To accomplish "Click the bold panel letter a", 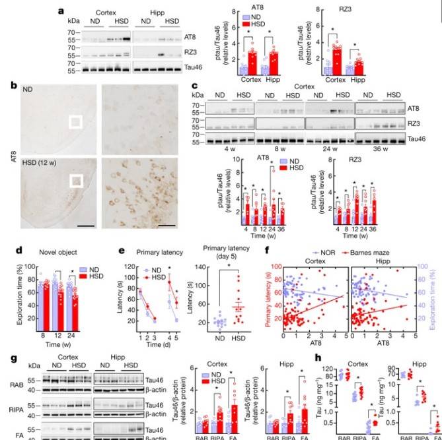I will pyautogui.click(x=60, y=11).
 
